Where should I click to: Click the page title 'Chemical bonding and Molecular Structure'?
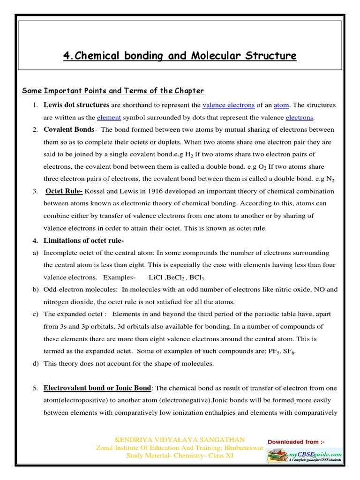tap(180, 56)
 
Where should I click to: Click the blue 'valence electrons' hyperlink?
tap(228, 105)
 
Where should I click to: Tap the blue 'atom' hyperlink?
tap(281, 105)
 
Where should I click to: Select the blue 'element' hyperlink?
tap(109, 117)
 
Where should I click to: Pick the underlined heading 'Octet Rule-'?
tap(64, 191)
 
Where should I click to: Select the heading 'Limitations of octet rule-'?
tap(83, 240)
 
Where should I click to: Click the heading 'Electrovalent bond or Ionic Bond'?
tap(97, 388)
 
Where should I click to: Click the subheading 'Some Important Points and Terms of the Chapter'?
tap(113, 91)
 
